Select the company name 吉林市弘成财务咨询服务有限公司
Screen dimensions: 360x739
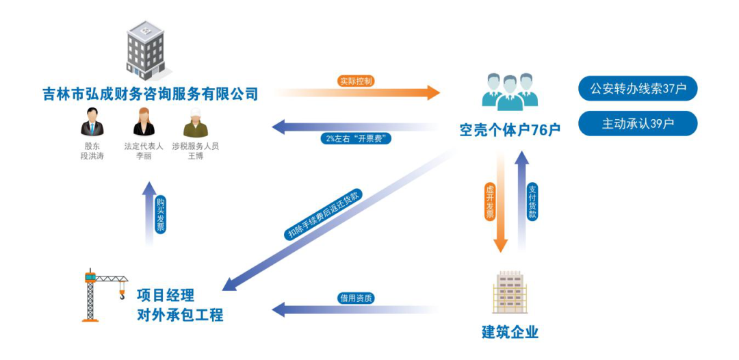coord(150,94)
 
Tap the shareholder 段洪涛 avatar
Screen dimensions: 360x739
coord(92,123)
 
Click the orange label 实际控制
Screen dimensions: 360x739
coord(356,81)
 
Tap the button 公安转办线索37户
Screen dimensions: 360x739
coord(638,88)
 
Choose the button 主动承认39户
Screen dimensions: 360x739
coord(638,123)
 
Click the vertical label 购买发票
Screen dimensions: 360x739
coord(160,215)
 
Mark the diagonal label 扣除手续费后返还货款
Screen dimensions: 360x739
coord(323,214)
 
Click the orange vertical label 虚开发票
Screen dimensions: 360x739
coord(490,203)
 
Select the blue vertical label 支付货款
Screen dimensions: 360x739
coord(532,201)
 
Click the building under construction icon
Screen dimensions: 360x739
coord(510,292)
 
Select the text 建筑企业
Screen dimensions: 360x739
coord(510,333)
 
